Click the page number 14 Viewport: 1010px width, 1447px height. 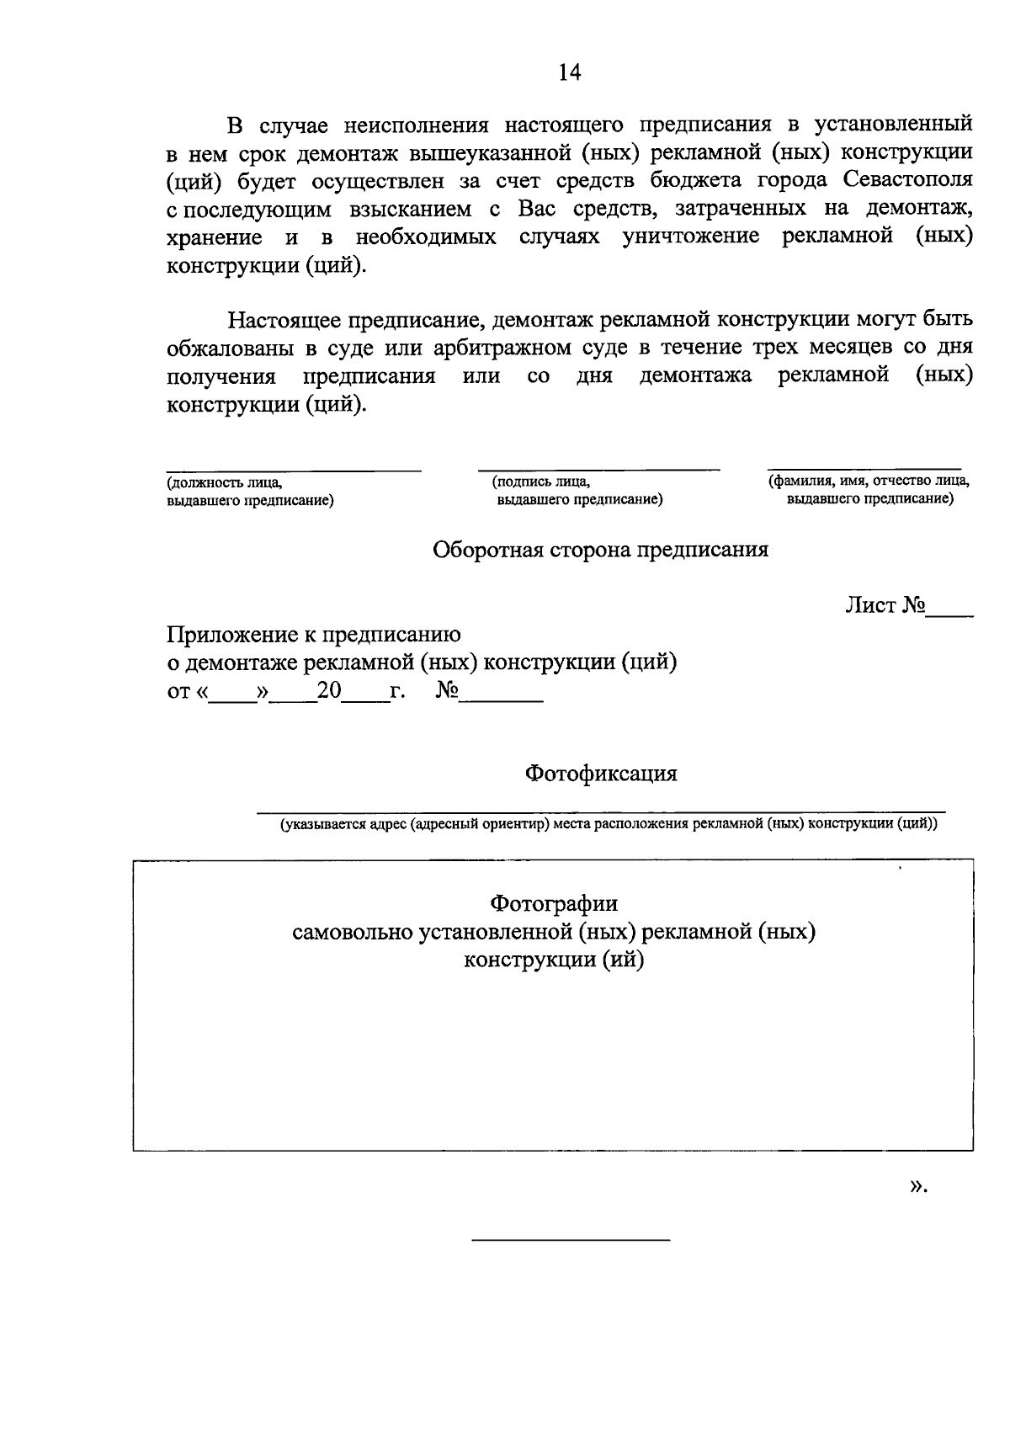click(x=570, y=73)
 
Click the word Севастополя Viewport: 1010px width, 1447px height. click(x=907, y=180)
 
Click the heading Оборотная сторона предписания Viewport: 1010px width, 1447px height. click(x=600, y=550)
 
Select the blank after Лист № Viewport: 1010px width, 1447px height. click(x=951, y=608)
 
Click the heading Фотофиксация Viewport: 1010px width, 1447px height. click(x=601, y=773)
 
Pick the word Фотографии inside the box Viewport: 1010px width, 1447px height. click(x=554, y=904)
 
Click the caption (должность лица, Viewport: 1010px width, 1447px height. click(x=224, y=483)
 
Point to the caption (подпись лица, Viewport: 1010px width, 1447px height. click(x=540, y=482)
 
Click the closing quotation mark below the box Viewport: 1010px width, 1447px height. click(x=916, y=1186)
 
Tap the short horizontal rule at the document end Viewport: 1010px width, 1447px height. click(x=571, y=1241)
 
